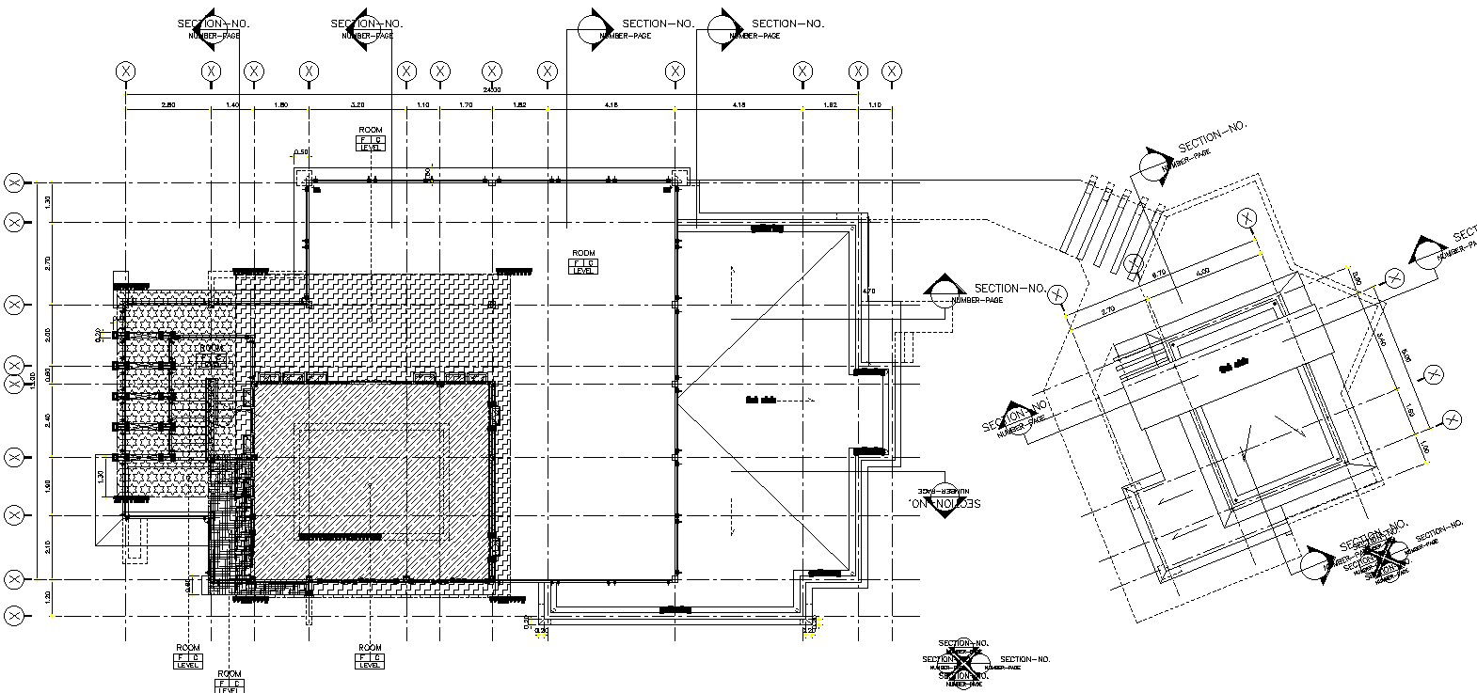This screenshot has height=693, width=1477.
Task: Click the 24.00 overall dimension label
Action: (491, 90)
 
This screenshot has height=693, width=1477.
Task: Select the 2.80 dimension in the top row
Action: (168, 105)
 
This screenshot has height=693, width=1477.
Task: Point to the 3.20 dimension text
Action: (357, 105)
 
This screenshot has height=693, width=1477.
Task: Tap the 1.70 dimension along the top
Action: (465, 105)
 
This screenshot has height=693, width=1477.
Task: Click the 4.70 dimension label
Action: (868, 291)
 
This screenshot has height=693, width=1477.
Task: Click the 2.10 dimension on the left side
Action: (47, 545)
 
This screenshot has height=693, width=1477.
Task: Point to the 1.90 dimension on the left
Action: (47, 485)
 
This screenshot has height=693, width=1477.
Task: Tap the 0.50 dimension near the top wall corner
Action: (301, 152)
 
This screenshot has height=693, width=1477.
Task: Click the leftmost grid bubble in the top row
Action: (126, 71)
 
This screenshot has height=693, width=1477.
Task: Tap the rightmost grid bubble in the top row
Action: (892, 71)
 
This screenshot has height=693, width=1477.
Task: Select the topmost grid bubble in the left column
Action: (15, 182)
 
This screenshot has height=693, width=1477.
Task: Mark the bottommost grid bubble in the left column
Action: (15, 616)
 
